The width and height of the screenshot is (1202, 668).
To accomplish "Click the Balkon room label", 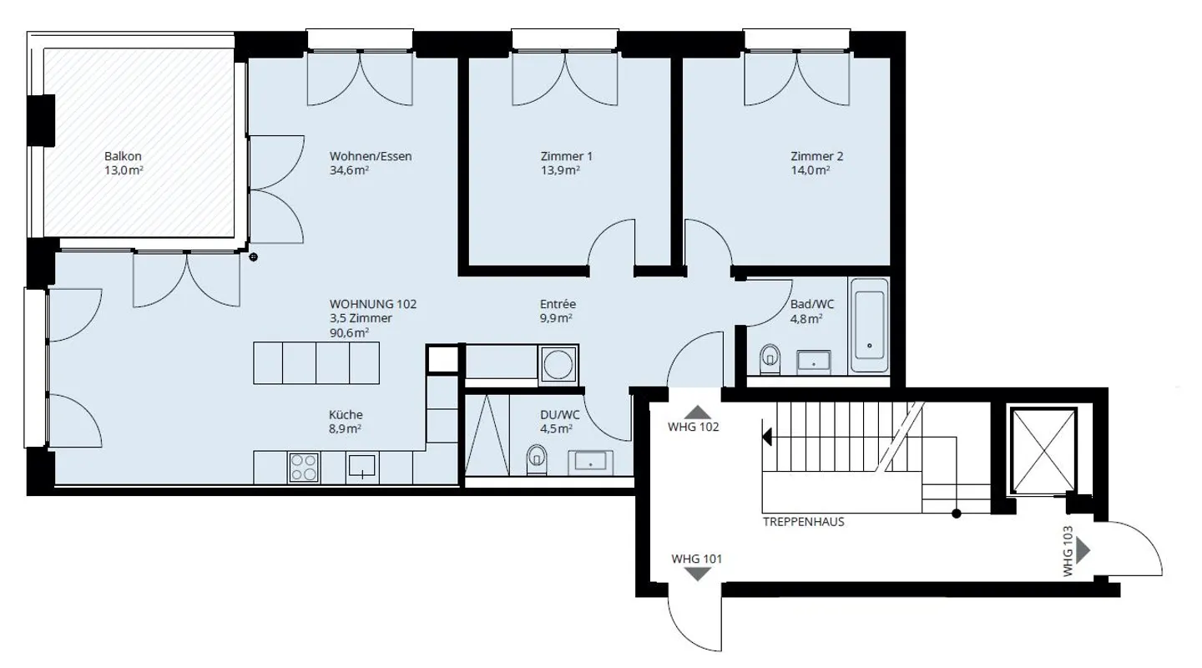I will coord(123,156).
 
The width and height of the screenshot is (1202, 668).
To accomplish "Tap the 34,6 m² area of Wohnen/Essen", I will coord(350,170).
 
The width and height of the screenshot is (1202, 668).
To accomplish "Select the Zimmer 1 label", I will coord(566,156).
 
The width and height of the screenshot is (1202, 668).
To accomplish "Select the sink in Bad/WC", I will coord(813,362).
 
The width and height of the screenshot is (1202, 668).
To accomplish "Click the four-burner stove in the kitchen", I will coord(304,467).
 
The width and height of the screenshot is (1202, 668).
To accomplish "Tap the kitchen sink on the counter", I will coord(362,465).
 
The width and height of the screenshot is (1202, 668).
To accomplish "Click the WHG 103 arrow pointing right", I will coord(1083,549).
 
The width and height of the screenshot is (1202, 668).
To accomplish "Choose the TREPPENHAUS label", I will coord(803,522).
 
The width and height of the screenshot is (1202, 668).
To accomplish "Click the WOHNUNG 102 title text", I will coord(372,304).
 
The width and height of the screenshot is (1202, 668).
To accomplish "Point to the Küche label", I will coord(346,414).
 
